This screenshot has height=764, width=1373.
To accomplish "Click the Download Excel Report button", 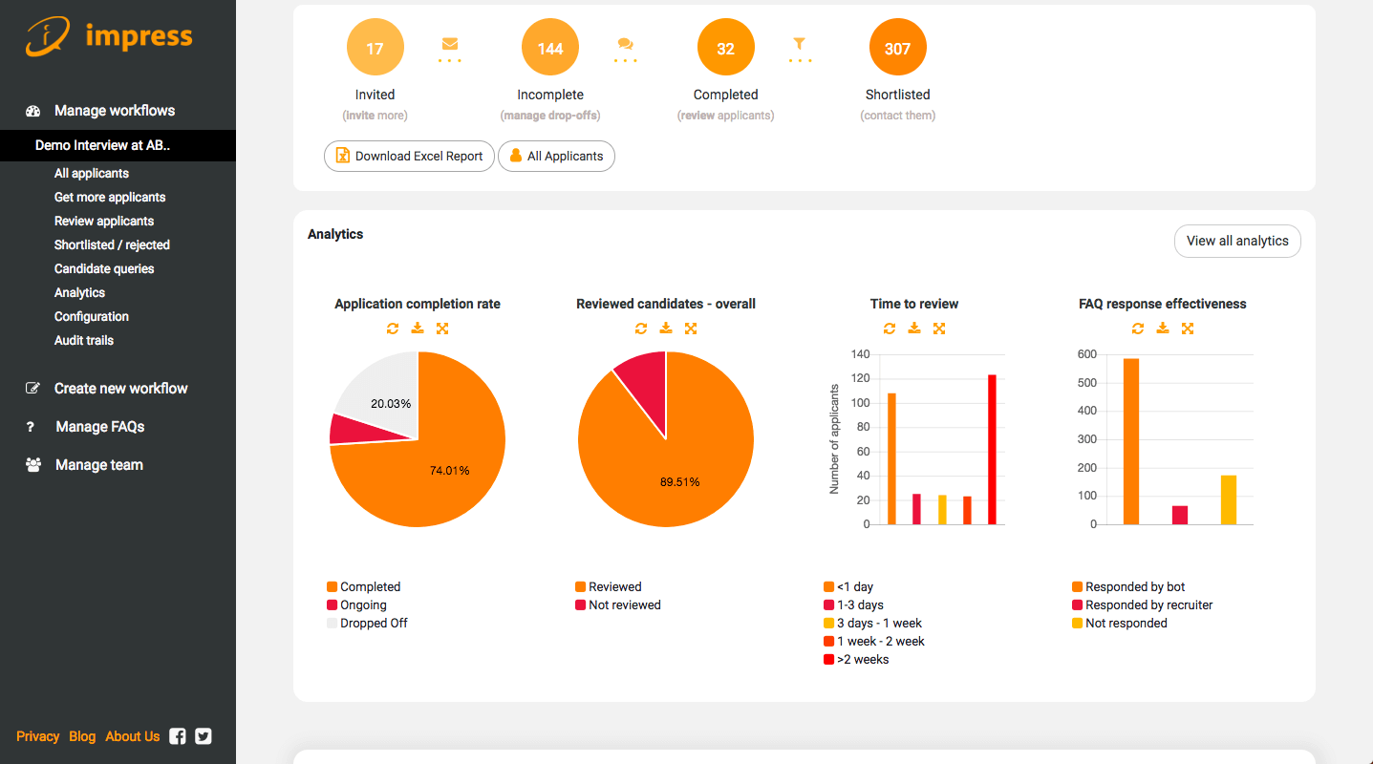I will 409,157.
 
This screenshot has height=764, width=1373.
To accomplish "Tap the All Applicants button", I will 556,157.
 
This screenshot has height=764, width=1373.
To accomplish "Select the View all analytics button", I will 1237,242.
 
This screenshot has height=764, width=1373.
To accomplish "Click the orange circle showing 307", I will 897,49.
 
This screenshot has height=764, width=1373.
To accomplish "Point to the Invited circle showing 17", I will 375,49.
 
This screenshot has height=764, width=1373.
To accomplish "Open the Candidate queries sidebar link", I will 104,269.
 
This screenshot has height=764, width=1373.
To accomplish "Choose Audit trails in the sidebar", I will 84,341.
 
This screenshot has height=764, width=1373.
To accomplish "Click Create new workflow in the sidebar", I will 120,389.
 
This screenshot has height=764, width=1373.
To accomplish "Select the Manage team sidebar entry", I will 98,465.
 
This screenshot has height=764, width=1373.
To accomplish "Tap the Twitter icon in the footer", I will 204,736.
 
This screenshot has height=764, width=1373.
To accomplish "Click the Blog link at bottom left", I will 82,736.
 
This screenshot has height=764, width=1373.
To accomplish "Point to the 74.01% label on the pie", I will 449,470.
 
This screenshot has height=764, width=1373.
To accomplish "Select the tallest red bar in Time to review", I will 992,449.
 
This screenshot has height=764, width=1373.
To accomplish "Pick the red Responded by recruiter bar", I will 1180,515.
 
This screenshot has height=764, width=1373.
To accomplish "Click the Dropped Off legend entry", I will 374,624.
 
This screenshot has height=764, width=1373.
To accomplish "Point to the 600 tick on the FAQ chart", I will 1086,354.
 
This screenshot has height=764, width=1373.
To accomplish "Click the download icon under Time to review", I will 914,329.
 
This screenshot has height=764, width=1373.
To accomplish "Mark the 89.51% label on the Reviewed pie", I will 679,481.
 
